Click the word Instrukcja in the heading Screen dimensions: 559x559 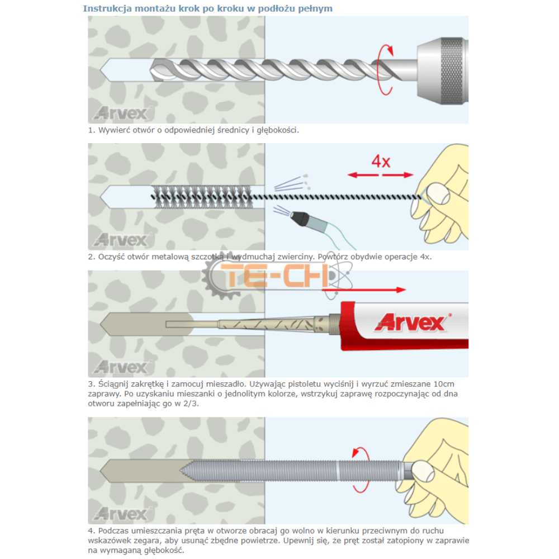click(x=105, y=8)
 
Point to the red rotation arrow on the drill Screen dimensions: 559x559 click(x=384, y=69)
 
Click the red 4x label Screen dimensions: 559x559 click(x=381, y=162)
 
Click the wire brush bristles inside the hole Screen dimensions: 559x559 click(x=207, y=195)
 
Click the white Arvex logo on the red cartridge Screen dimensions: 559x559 click(x=413, y=322)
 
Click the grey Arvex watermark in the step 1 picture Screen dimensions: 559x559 click(x=120, y=113)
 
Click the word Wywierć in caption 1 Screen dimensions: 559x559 click(x=114, y=130)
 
